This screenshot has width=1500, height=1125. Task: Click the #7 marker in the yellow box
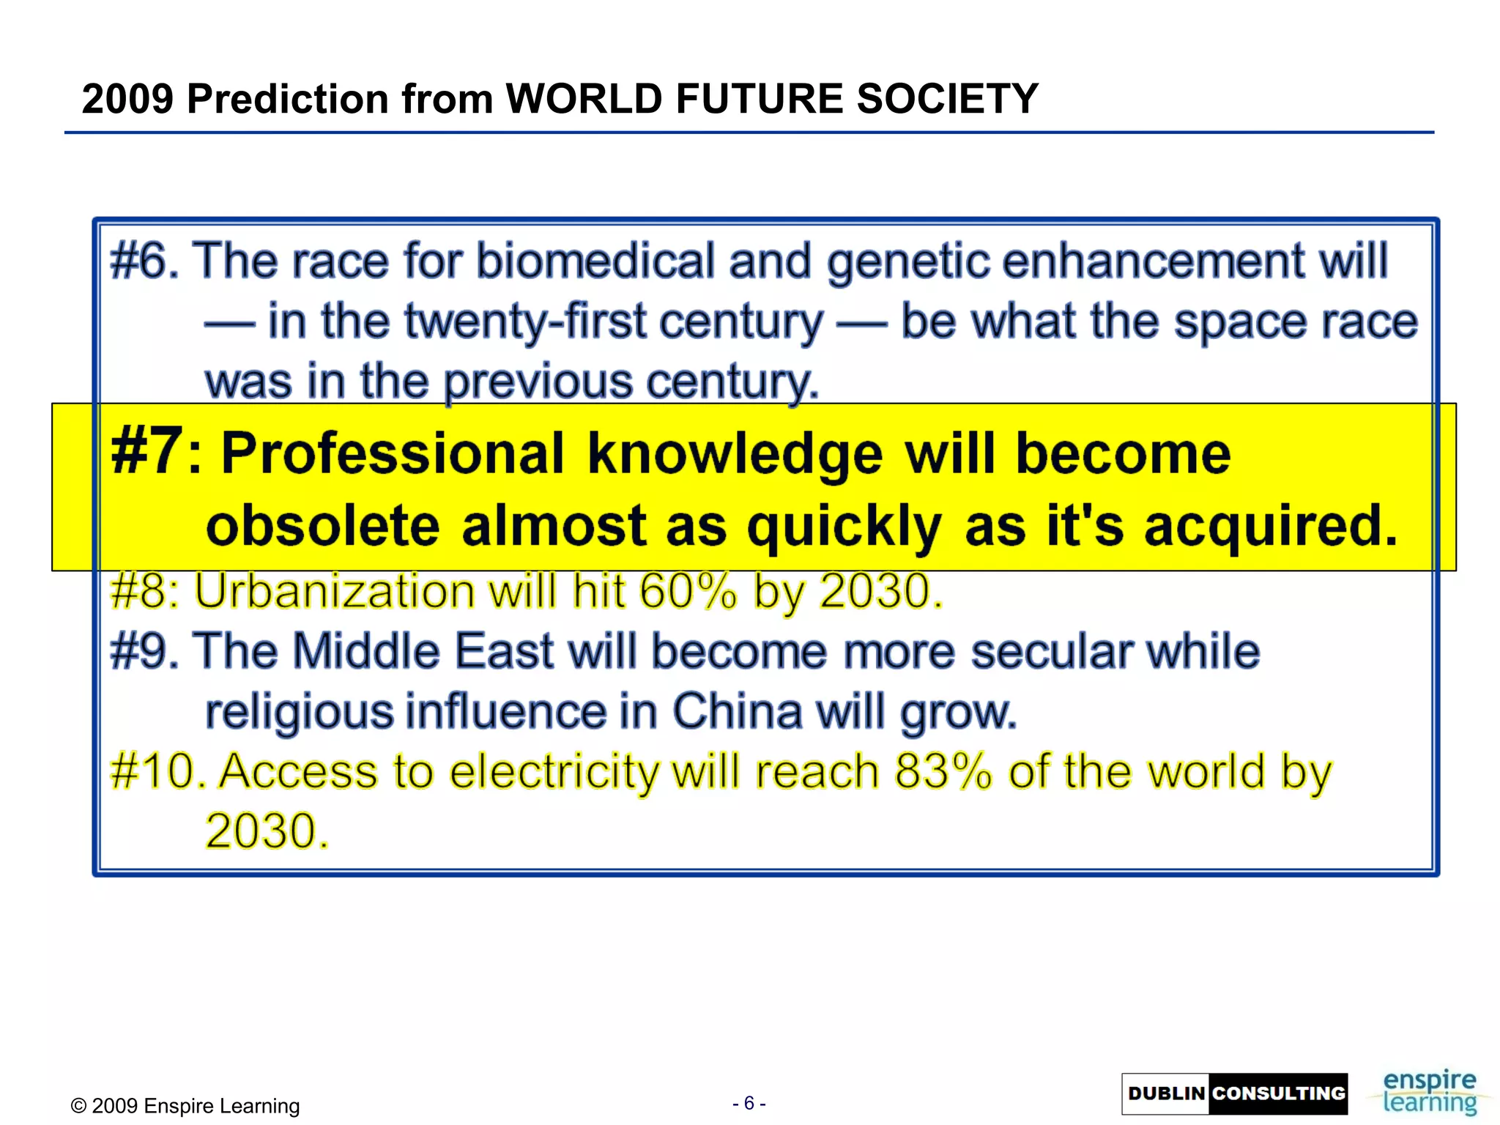tap(146, 452)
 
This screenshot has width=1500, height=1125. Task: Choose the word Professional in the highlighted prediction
tap(393, 453)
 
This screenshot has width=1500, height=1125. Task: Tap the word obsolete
tap(323, 525)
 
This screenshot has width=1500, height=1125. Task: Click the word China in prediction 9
tap(737, 711)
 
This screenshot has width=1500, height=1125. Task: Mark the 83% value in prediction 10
tap(943, 771)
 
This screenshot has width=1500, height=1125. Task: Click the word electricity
tap(554, 771)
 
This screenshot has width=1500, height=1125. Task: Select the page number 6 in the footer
tap(749, 1103)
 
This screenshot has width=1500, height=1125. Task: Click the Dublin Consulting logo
tap(1234, 1094)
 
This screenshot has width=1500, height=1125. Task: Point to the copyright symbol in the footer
tap(78, 1106)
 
